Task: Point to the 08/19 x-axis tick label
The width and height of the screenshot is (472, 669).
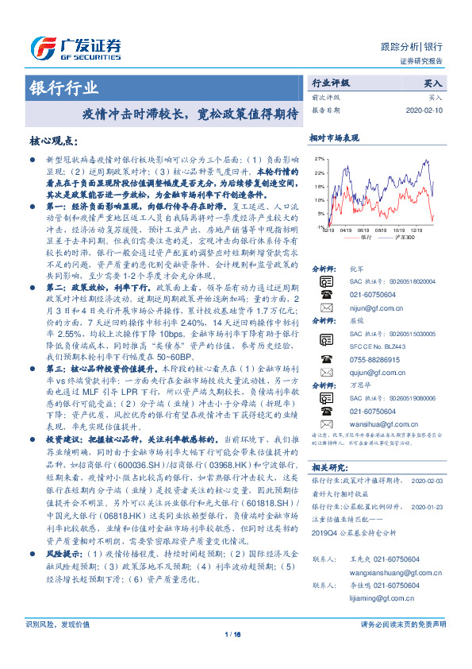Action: [x=364, y=227]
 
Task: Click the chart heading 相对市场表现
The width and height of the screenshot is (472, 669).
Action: [x=334, y=137]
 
